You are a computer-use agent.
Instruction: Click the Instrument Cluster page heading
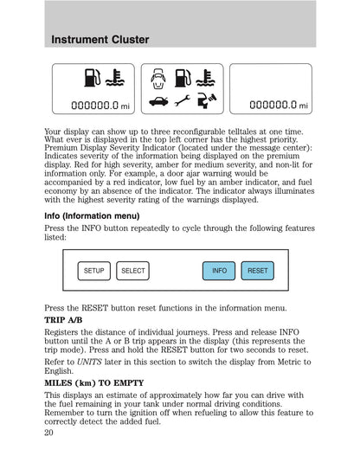pyautogui.click(x=100, y=40)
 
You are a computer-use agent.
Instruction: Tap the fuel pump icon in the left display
pyautogui.click(x=92, y=80)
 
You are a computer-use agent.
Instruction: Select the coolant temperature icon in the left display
pyautogui.click(x=114, y=80)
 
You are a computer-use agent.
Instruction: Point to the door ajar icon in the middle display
pyautogui.click(x=157, y=80)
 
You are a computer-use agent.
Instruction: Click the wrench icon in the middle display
pyautogui.click(x=181, y=102)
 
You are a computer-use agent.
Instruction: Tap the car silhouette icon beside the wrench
pyautogui.click(x=157, y=102)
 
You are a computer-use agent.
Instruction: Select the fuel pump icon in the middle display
pyautogui.click(x=181, y=80)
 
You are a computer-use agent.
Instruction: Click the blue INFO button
pyautogui.click(x=219, y=271)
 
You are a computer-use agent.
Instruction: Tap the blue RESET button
pyautogui.click(x=257, y=271)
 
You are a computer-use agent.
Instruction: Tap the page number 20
pyautogui.click(x=48, y=436)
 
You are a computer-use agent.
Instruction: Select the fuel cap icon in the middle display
pyautogui.click(x=204, y=102)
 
